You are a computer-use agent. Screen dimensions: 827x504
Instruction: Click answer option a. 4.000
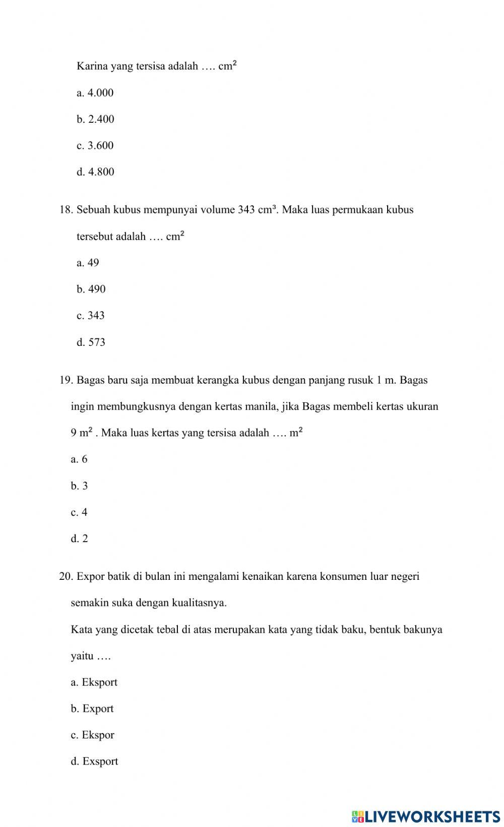[95, 93]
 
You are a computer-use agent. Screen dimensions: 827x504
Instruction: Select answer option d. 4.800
[95, 172]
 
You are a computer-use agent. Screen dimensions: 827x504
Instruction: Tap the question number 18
[66, 210]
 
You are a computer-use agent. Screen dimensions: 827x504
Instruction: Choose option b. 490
[91, 289]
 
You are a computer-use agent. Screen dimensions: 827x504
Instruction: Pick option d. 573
[91, 342]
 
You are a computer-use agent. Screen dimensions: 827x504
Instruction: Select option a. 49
[88, 263]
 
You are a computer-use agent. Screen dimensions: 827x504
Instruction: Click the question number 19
[66, 380]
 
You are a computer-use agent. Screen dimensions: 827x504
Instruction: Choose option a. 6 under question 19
[79, 459]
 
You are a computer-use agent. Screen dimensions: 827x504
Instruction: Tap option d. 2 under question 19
[79, 539]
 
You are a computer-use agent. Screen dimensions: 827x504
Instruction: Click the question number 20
[66, 576]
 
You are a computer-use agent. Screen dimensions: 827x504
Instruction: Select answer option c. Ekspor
[92, 735]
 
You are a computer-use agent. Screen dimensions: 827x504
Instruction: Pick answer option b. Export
[92, 709]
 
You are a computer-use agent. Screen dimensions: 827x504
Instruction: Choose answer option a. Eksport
[94, 683]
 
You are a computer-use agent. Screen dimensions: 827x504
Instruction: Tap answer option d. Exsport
[94, 761]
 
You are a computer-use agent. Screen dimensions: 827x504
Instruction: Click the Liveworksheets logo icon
[358, 816]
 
